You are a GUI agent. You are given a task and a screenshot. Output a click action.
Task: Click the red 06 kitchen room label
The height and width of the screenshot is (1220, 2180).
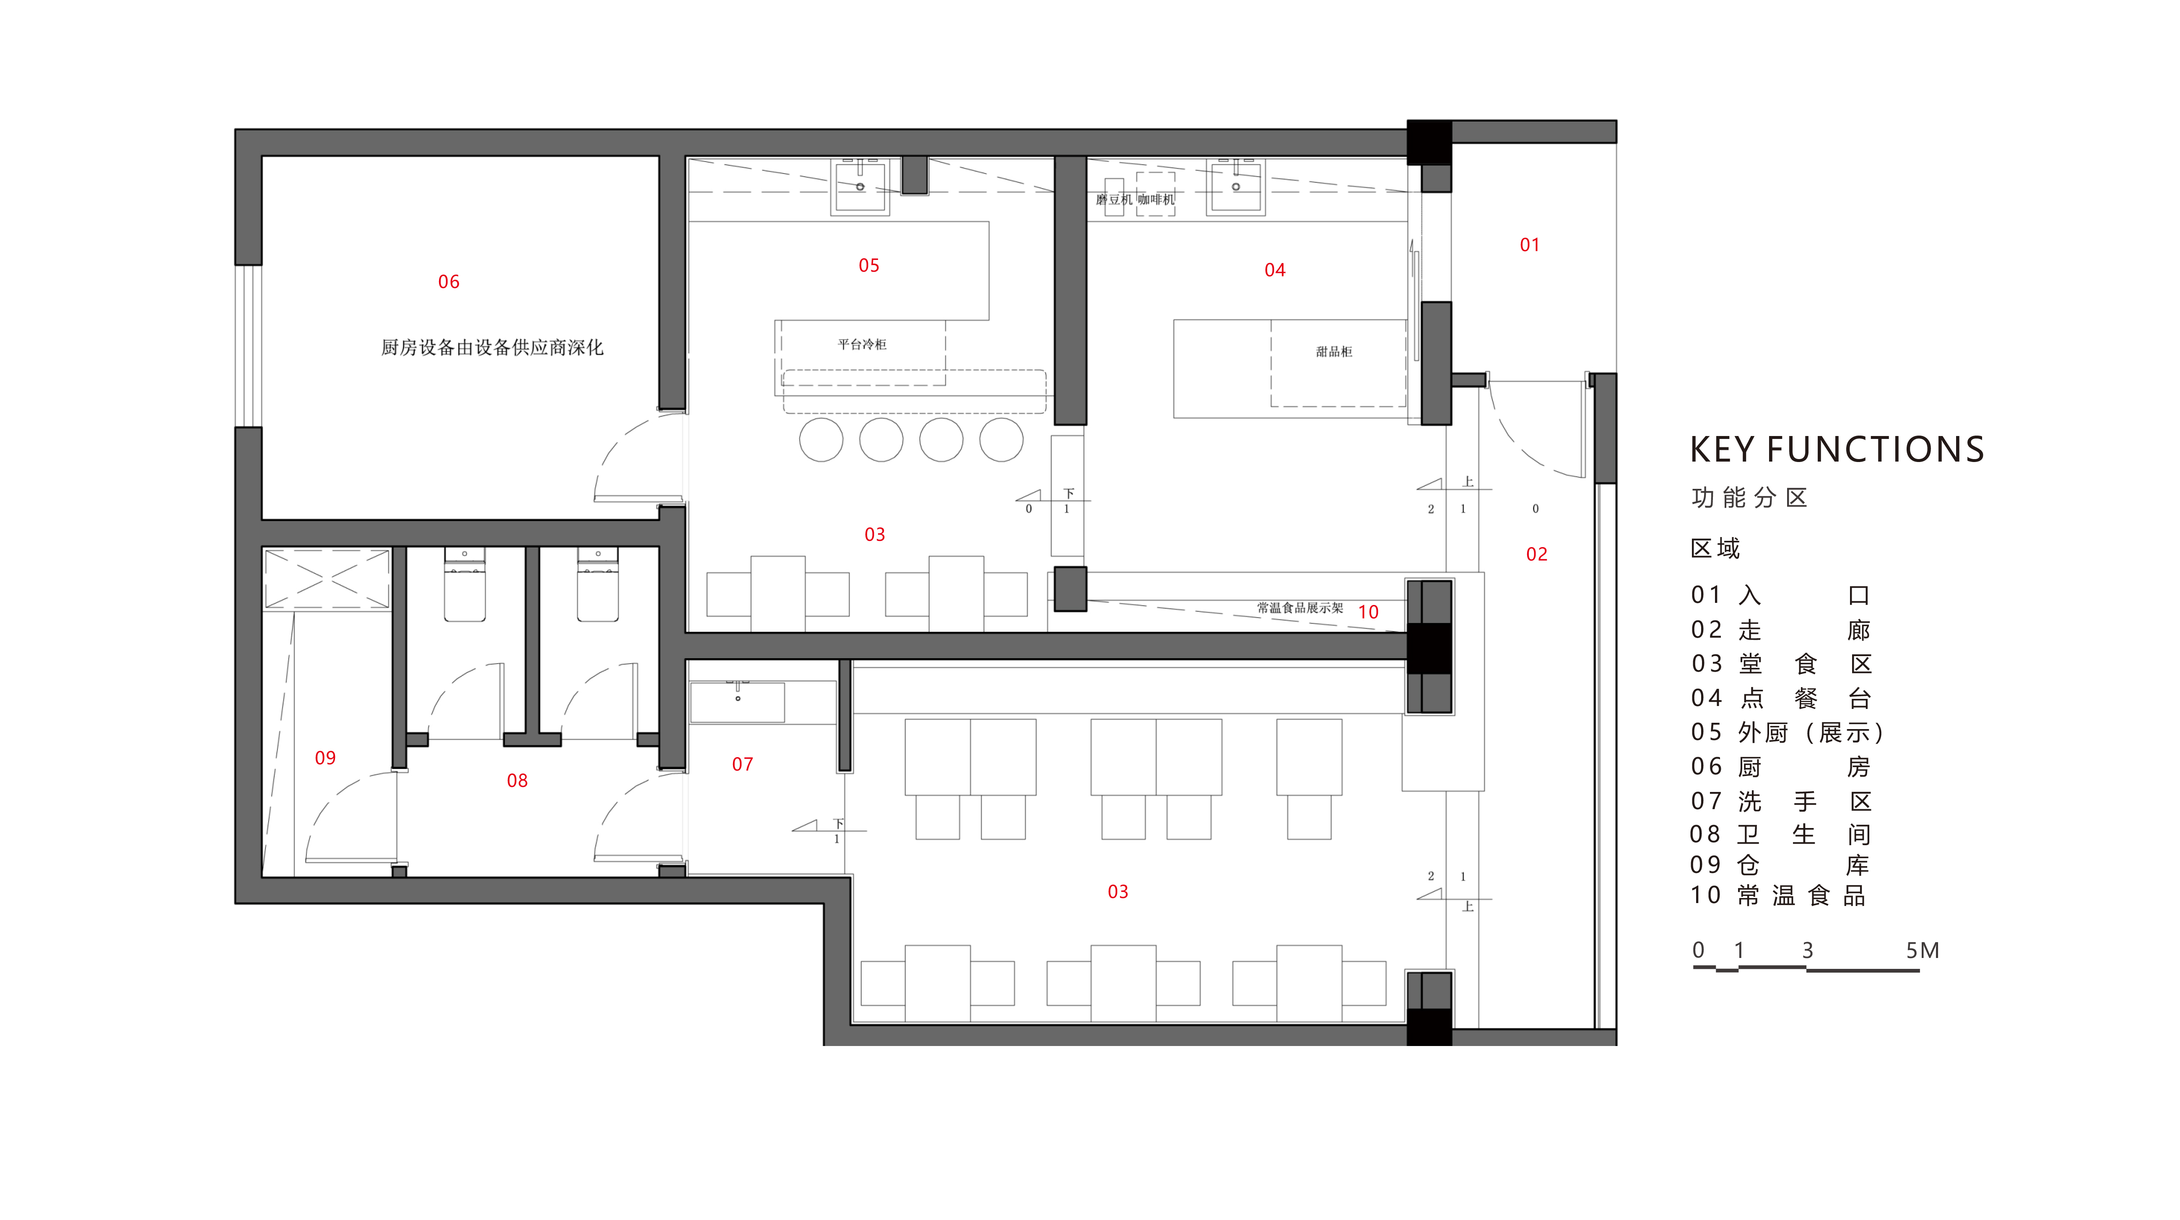(x=449, y=282)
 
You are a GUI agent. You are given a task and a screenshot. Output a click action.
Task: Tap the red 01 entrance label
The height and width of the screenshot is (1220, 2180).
(x=1529, y=245)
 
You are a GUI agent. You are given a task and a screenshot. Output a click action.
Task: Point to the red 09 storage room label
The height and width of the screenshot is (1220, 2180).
(x=325, y=758)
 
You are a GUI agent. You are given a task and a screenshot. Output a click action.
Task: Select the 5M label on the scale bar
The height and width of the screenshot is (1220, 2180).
(x=1922, y=950)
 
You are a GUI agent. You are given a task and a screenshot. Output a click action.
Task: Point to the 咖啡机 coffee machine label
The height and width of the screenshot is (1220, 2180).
(x=1156, y=200)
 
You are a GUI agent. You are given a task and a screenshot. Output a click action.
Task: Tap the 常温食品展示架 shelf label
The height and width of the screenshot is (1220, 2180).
(x=1300, y=607)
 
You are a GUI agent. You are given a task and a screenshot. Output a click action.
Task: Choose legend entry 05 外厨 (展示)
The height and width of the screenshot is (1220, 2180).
(x=1788, y=733)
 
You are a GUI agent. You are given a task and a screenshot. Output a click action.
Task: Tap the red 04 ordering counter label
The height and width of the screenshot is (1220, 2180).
(x=1274, y=270)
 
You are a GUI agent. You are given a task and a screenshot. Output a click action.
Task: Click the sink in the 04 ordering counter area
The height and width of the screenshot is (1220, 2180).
(x=1236, y=186)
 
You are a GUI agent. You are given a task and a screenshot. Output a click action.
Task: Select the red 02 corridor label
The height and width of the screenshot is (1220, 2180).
(x=1536, y=554)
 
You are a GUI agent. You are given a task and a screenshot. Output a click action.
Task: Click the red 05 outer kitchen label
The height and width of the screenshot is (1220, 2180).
(x=868, y=266)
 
